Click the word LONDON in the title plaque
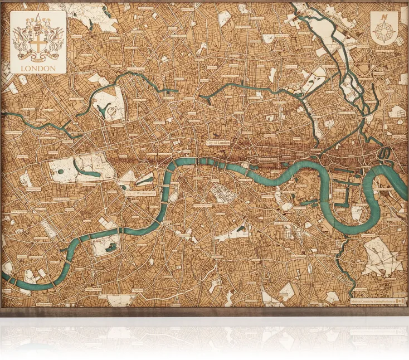38,68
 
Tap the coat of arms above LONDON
38,39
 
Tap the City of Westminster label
140,193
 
